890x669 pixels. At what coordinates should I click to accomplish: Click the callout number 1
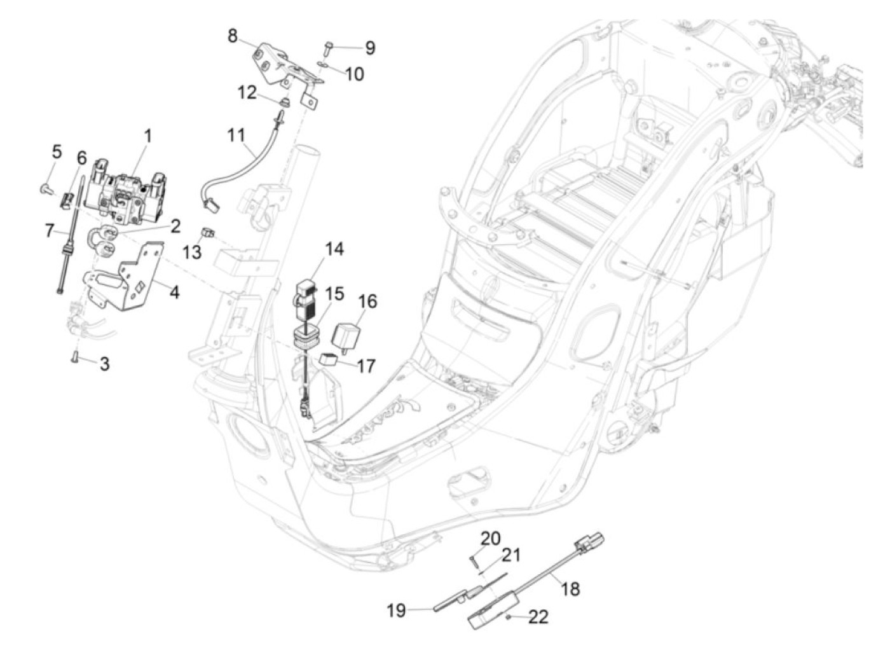click(x=148, y=136)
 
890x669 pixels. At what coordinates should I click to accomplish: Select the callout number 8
click(x=232, y=36)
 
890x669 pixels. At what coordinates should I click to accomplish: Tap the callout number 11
click(x=236, y=135)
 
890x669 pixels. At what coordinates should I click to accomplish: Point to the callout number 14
click(x=334, y=249)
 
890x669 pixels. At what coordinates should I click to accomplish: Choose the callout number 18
click(x=570, y=589)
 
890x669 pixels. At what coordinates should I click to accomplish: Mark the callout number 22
click(x=538, y=617)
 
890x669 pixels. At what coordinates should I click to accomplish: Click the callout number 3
click(x=105, y=364)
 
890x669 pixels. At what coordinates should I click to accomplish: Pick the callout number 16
click(x=367, y=301)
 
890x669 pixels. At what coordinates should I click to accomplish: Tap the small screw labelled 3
click(x=74, y=357)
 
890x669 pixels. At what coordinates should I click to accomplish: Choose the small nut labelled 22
click(x=507, y=617)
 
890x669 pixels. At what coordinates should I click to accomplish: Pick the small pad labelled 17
click(x=329, y=359)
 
